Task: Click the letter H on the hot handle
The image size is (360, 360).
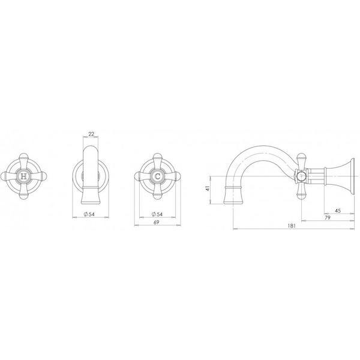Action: click(x=23, y=176)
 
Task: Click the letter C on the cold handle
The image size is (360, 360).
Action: click(x=157, y=176)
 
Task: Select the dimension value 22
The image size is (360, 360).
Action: click(x=91, y=134)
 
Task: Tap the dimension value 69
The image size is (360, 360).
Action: click(x=157, y=222)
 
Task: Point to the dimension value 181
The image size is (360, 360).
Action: click(x=292, y=226)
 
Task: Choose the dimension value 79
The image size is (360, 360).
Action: click(x=328, y=217)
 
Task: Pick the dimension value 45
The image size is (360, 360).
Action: click(x=338, y=211)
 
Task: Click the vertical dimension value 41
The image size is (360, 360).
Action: click(x=208, y=188)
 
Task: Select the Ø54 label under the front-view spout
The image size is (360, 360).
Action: click(x=89, y=214)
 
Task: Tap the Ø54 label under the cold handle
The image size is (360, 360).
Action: click(x=157, y=214)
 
